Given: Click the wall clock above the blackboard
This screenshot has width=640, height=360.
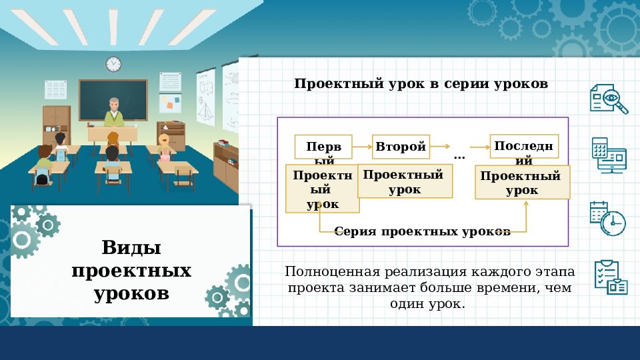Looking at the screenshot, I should (x=113, y=64).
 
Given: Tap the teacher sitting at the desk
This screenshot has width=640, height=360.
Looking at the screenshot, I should (x=113, y=113).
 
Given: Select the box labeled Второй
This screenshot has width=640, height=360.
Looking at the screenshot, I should (x=400, y=147).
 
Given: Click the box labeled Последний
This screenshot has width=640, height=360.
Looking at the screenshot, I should (x=523, y=147).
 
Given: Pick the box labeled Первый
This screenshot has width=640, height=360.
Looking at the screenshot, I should (x=323, y=147).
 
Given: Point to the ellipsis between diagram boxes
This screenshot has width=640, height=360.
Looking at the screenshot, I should (x=459, y=156).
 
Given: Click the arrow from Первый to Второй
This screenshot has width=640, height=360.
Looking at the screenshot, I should (x=361, y=146).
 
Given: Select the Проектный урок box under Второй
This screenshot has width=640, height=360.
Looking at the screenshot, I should (x=405, y=181).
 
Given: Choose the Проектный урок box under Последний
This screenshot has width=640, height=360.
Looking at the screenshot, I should (x=522, y=183).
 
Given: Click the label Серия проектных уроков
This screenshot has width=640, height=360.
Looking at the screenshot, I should (x=423, y=231).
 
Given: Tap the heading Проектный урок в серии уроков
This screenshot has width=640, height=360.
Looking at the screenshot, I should (x=421, y=84).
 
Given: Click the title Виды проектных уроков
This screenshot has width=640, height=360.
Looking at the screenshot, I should (x=131, y=271).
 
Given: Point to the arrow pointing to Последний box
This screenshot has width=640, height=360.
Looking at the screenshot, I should (x=479, y=146).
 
